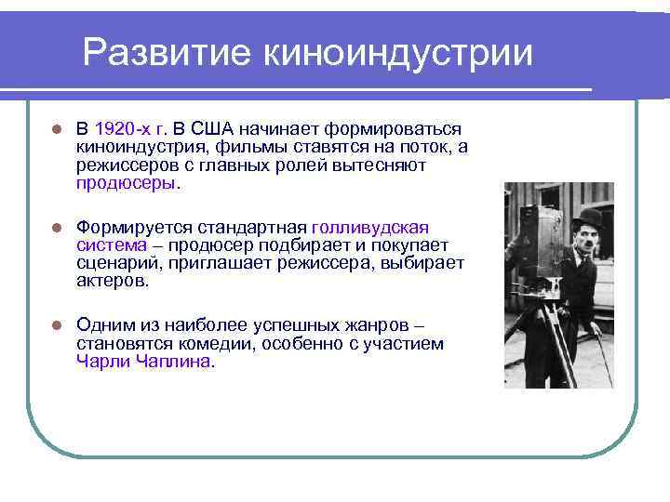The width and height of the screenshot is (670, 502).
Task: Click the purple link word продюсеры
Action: [126, 183]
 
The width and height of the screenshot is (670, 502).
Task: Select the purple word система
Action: [112, 244]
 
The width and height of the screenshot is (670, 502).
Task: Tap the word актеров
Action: [111, 281]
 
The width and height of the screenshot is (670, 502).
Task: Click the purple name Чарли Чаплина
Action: [144, 363]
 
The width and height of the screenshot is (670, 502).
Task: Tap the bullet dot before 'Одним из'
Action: [56, 326]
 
